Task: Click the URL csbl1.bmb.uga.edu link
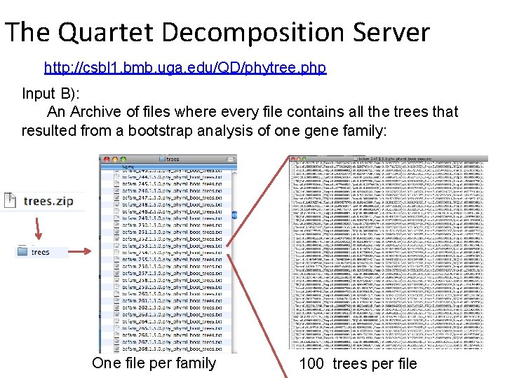click(x=185, y=68)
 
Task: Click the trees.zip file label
click(x=48, y=201)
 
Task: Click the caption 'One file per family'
click(x=154, y=363)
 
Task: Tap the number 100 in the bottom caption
click(x=311, y=363)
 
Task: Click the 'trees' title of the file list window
click(x=173, y=159)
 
